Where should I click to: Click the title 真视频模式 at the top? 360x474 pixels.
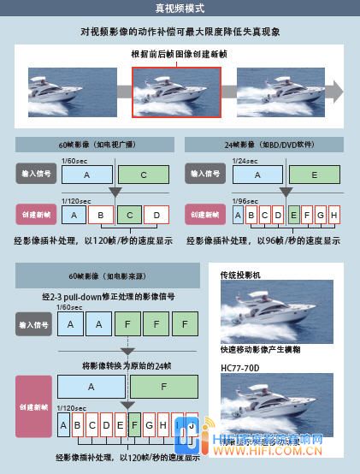point(180,9)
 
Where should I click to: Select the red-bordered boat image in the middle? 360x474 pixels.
point(176,90)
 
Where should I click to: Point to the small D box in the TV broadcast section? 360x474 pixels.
point(156,214)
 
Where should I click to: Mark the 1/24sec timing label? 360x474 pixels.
point(245,161)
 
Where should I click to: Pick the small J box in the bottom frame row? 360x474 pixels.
point(192,424)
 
